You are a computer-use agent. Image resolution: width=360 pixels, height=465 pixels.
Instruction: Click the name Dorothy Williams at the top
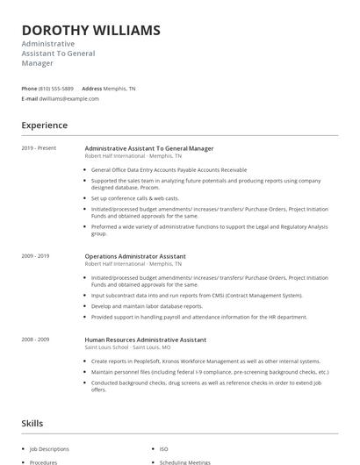tap(90, 31)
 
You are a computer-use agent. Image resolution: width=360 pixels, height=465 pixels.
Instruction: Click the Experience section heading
tap(44, 125)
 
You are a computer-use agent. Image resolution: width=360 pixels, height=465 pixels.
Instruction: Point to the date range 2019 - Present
tap(39, 148)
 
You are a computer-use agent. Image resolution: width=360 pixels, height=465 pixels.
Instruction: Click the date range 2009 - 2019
tap(35, 256)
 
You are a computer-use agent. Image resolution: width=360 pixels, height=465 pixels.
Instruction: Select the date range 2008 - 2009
tap(35, 339)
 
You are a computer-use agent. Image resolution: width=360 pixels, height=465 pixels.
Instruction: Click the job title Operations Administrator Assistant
tap(134, 256)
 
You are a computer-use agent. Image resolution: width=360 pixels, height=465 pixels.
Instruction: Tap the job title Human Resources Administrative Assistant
tap(145, 339)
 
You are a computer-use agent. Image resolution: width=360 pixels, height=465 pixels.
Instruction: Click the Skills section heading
tap(32, 424)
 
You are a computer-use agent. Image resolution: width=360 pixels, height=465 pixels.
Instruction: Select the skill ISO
tap(162, 447)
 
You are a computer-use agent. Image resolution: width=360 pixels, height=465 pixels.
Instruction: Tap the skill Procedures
tap(43, 461)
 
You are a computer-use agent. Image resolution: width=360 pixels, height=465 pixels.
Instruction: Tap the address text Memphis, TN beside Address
tap(120, 89)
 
